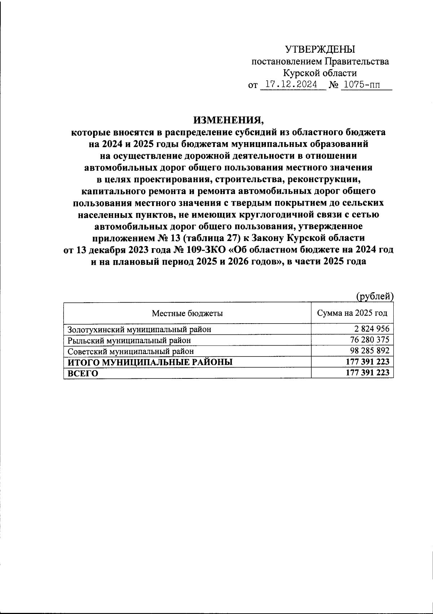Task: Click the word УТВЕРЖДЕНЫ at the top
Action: (320, 49)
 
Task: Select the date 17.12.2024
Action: (291, 85)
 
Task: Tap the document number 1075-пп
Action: (361, 85)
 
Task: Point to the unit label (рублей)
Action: (374, 297)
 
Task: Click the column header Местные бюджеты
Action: (187, 313)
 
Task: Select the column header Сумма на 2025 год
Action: (352, 313)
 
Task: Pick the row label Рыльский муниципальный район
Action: (129, 340)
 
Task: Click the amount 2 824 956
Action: (371, 329)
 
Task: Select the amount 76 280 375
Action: (369, 340)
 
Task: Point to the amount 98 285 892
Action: (369, 351)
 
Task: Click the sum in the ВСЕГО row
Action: (367, 373)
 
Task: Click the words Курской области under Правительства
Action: (320, 73)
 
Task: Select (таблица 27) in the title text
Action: (210, 238)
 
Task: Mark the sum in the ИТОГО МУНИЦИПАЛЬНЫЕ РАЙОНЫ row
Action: (367, 362)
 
